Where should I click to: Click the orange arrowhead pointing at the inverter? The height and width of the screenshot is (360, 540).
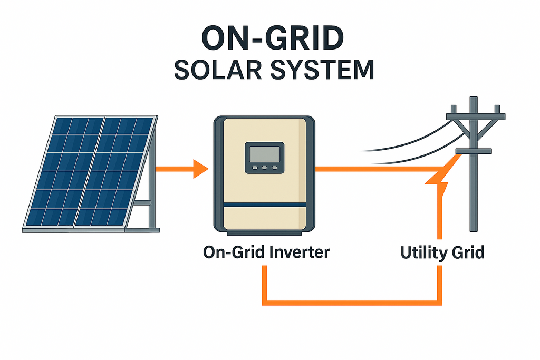pos(200,169)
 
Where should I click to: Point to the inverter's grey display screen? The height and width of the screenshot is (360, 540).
pos(264,154)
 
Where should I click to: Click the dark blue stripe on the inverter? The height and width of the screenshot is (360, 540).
pos(264,204)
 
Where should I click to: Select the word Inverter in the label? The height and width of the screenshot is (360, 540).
pos(300,252)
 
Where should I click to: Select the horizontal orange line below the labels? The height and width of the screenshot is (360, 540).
pos(352,303)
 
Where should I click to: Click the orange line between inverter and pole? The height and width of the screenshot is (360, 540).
pos(369,169)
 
